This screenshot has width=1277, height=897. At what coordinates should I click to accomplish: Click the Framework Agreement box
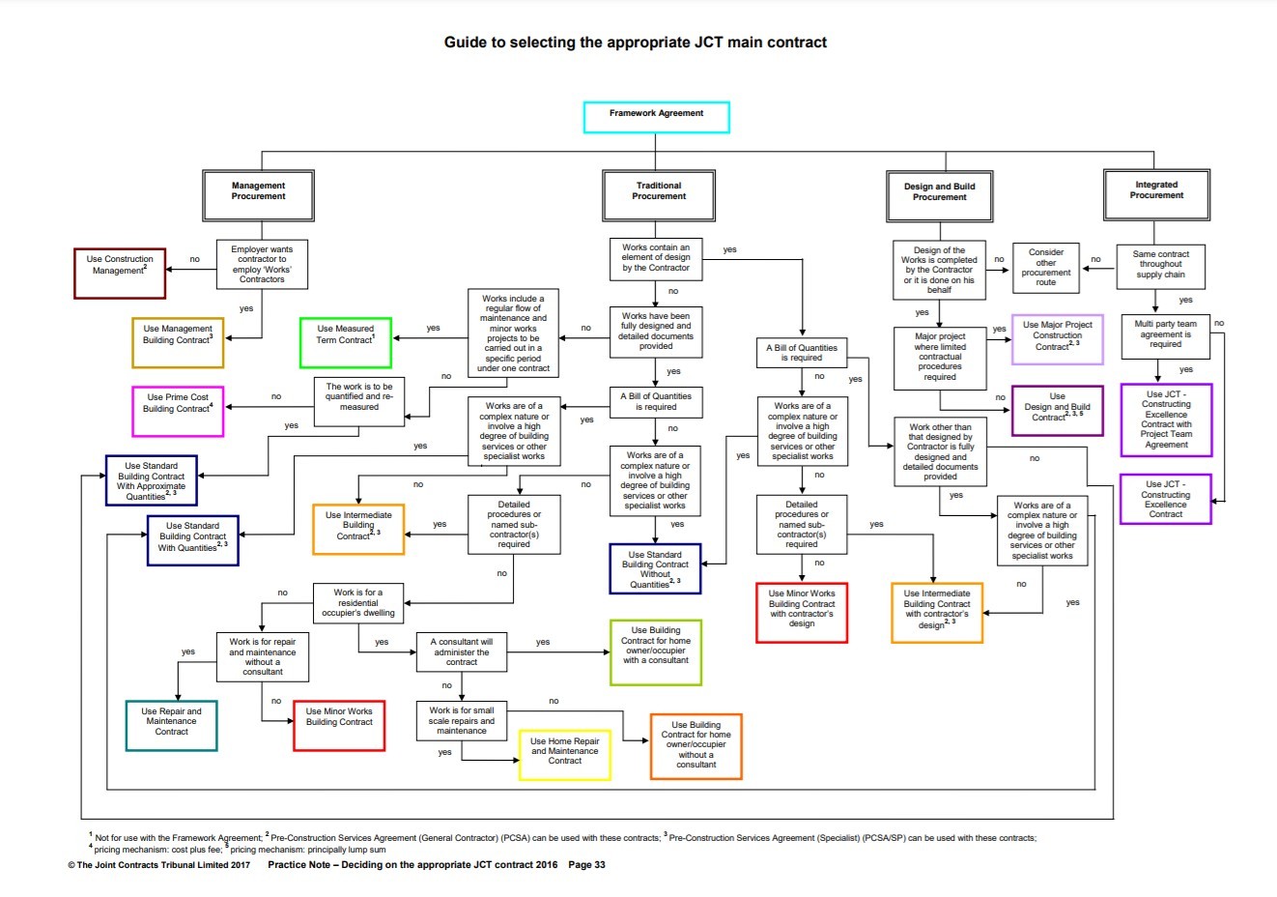coord(656,117)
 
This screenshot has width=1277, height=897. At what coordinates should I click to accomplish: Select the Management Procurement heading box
coord(258,195)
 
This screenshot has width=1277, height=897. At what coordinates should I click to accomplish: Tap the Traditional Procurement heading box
coord(659,195)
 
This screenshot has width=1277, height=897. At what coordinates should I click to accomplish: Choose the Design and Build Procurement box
coord(939,196)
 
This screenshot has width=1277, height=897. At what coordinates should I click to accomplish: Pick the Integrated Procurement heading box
coord(1156,194)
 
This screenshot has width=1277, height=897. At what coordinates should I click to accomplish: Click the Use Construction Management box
coord(120,273)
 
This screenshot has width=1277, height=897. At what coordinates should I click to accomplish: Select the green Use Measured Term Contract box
coord(345,341)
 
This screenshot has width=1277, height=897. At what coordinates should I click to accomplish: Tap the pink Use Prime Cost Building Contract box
coord(177,410)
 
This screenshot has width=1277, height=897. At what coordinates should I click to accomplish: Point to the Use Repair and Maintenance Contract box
coord(171,725)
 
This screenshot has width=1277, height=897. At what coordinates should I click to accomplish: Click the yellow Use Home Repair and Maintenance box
coord(564,755)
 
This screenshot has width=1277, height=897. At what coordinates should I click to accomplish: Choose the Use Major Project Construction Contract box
coord(1057,339)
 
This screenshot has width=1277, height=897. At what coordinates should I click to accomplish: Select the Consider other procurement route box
coord(1045,268)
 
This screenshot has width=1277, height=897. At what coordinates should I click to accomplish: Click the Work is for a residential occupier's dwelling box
coord(357,603)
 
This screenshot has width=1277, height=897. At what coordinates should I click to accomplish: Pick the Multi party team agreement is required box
coord(1165,334)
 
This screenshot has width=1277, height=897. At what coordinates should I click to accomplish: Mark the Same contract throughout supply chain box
coord(1160,267)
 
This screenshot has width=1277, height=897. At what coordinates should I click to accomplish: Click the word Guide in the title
coord(466,43)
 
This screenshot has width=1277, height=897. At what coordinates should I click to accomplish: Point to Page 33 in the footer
coord(586,865)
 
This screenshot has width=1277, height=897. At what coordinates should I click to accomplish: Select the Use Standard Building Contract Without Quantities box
coord(655,568)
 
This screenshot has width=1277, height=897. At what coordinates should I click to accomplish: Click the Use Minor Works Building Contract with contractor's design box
coord(801,612)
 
